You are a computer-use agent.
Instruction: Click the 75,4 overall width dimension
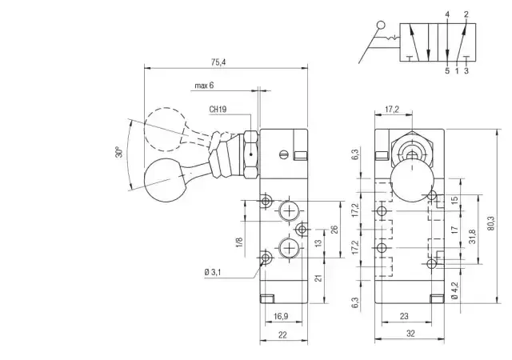[x=218, y=62]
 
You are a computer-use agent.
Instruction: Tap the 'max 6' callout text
[x=204, y=86]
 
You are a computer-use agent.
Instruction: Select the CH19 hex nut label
[x=218, y=109]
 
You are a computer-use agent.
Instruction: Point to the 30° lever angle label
[x=119, y=152]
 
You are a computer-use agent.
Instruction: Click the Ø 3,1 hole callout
[x=213, y=272]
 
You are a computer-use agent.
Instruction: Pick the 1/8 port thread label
[x=239, y=242]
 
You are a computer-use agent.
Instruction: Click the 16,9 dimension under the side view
[x=281, y=316]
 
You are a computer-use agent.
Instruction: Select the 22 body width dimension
[x=282, y=335]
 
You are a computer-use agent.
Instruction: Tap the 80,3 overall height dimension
[x=491, y=223]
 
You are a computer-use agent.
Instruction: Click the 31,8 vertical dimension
[x=473, y=237]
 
